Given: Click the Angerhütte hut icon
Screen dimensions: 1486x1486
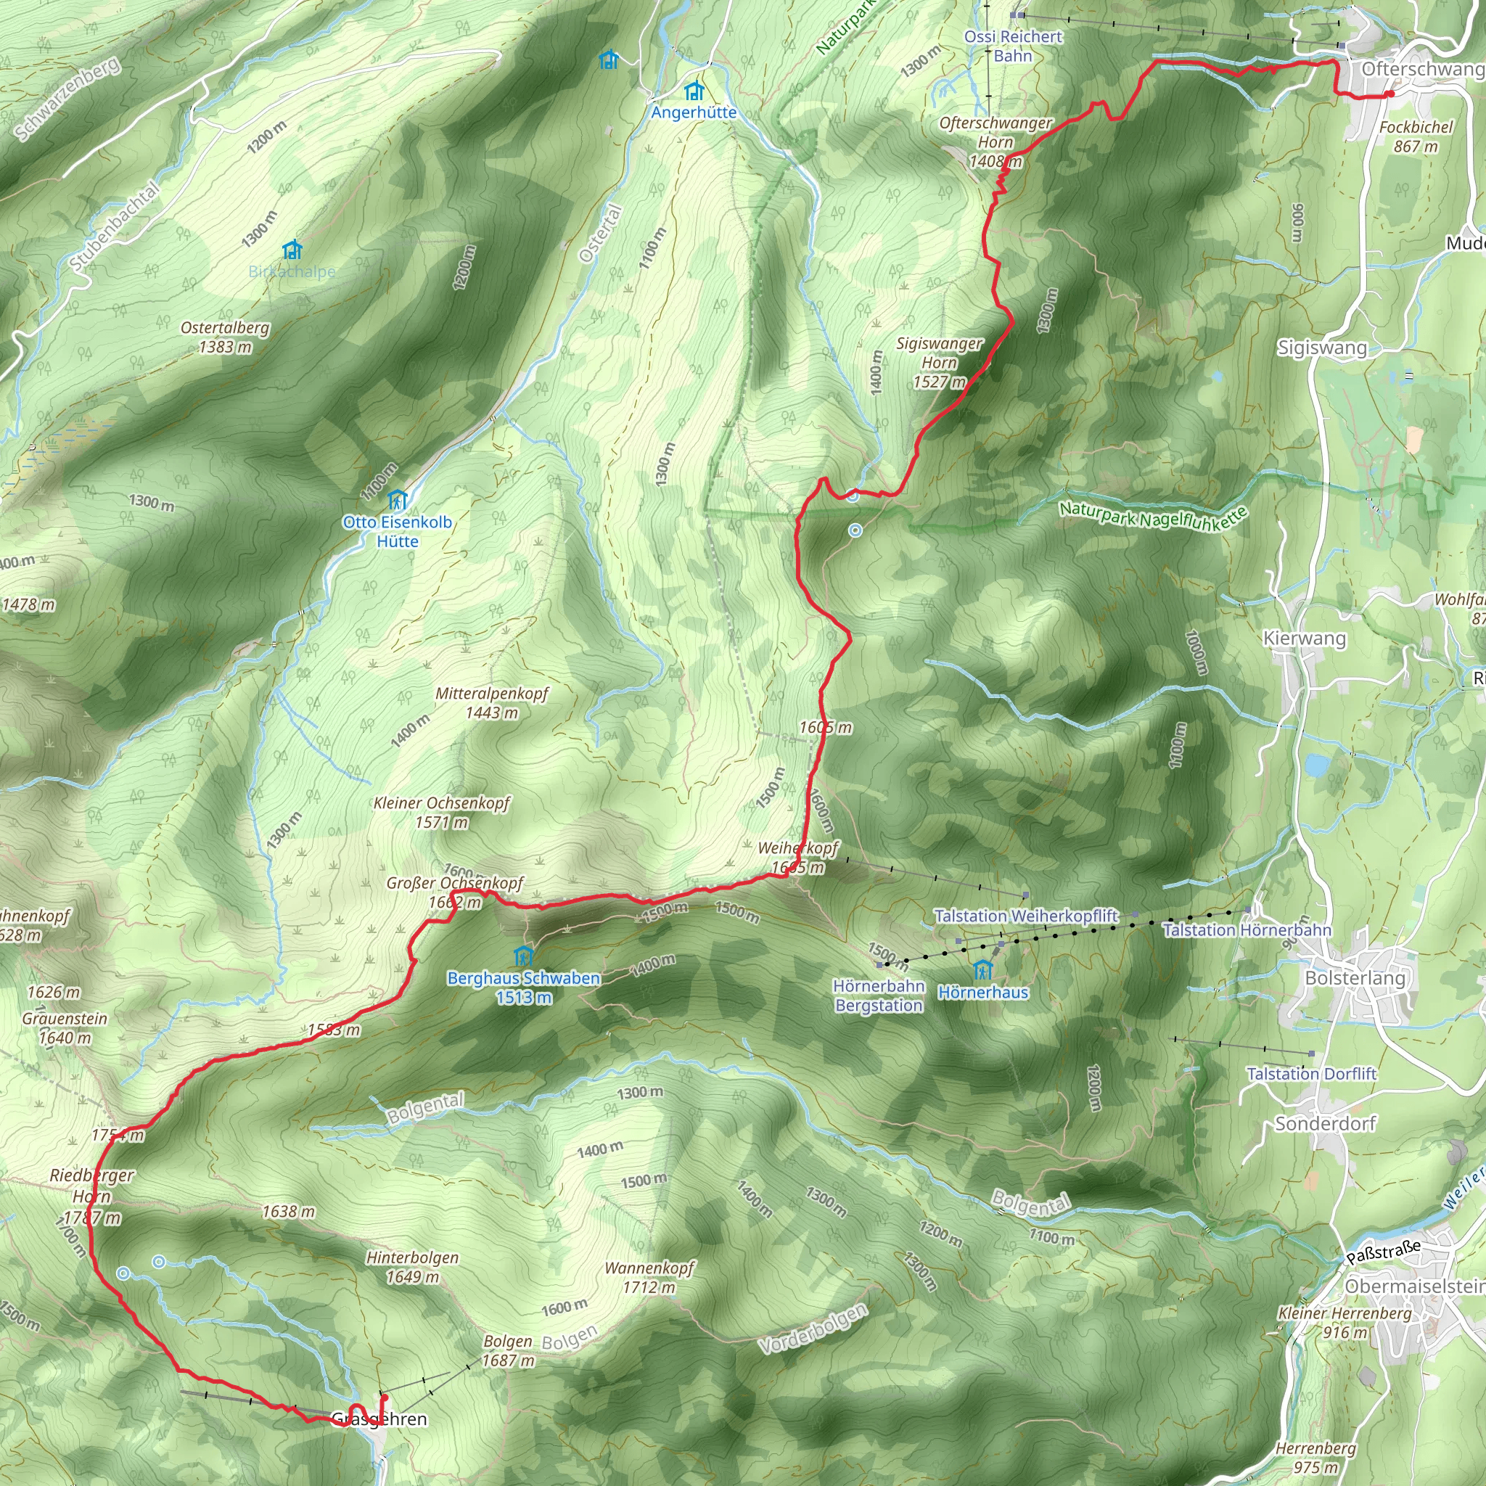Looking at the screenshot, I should point(694,91).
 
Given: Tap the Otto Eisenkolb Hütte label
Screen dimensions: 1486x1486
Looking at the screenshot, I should point(397,531).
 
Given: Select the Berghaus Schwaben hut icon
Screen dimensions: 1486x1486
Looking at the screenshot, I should point(523,956).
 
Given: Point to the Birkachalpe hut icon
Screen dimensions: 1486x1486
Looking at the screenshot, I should point(292,250).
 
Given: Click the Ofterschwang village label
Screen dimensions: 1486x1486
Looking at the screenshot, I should point(1421,69).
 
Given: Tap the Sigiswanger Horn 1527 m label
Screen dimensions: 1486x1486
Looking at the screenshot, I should point(939,362).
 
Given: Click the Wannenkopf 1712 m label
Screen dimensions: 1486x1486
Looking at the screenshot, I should point(649,1278).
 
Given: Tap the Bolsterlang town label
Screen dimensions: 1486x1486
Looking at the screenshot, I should point(1355,977).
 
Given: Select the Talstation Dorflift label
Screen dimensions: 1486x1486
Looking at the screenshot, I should point(1311,1073).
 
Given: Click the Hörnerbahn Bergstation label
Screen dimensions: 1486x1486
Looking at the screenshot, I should point(879,996).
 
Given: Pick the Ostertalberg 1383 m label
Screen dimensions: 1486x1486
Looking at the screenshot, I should point(226,337).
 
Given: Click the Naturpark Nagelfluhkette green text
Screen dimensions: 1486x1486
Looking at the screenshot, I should point(1152,516).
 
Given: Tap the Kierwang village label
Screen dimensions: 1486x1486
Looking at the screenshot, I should point(1305,639).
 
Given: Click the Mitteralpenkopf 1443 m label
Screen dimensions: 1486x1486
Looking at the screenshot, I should point(492,702).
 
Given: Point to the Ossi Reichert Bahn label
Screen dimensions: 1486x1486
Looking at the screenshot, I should point(1013,46).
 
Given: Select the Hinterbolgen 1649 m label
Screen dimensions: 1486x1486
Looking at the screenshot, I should point(412,1267).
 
